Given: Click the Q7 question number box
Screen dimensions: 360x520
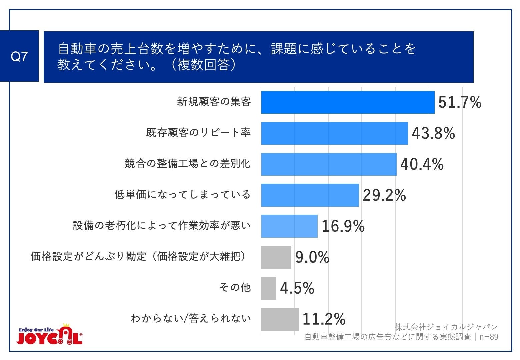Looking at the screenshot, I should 19,56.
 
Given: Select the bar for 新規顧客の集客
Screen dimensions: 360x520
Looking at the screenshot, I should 348,102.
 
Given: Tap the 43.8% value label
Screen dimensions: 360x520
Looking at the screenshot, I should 433,133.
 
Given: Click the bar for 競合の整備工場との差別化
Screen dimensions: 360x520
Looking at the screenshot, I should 329,164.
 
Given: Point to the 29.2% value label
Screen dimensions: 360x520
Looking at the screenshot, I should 384,195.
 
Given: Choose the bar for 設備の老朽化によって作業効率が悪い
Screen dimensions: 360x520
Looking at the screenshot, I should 289,226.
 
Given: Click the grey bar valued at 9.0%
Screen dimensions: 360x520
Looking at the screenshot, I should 276,257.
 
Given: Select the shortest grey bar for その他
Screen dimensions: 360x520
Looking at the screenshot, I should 268,288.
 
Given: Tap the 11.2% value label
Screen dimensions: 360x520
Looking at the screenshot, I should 324,319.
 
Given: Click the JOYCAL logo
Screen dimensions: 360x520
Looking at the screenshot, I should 50,334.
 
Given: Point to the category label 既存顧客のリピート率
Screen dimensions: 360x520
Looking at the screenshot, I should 198,133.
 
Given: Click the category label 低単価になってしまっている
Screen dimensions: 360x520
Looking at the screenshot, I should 182,194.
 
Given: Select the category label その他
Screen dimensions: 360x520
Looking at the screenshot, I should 235,287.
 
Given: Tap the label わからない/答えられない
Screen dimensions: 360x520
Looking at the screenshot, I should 190,319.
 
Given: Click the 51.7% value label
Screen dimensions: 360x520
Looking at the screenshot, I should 460,102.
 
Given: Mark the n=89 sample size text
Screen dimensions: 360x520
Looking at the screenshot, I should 489,337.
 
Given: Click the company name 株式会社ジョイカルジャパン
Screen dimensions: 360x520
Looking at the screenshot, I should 446,327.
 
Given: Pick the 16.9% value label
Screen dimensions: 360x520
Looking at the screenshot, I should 343,226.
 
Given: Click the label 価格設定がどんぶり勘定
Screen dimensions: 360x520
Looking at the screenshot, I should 88,256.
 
